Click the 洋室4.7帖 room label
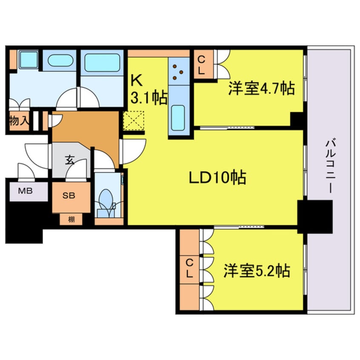point(261,88)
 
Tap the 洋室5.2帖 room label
point(257,270)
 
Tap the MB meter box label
point(26,190)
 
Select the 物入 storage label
point(19,122)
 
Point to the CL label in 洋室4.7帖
point(201,64)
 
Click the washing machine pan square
point(29,60)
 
